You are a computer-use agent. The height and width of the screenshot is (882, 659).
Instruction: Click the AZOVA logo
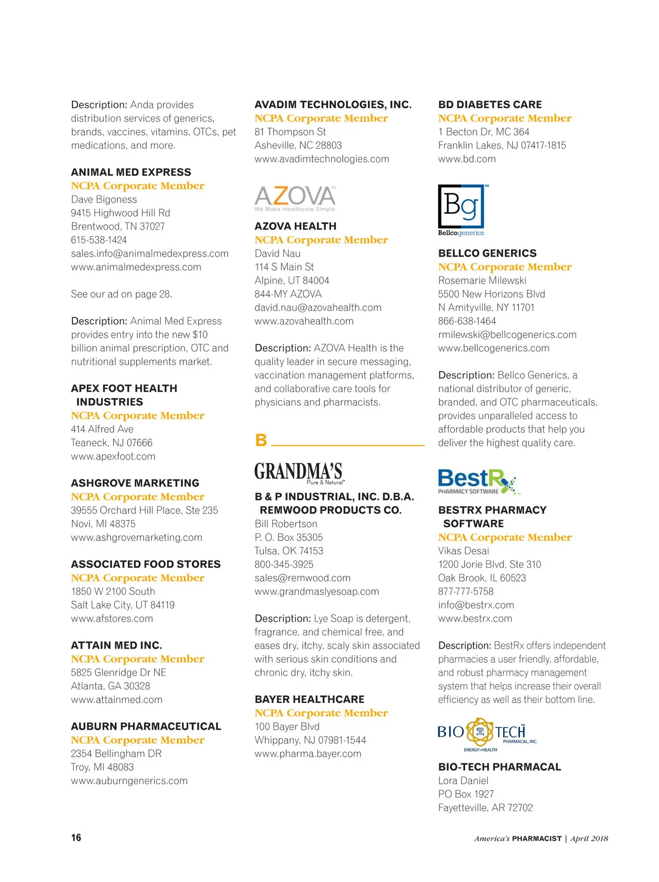point(295,198)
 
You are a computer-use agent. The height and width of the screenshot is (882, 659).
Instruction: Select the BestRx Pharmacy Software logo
point(477,482)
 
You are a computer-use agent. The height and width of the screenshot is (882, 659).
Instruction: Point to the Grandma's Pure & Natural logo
point(298,473)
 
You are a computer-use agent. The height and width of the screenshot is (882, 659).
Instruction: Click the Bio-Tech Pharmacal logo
point(487,734)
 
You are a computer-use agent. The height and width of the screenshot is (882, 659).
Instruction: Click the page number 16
point(76,838)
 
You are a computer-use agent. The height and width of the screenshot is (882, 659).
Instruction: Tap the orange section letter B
point(261,440)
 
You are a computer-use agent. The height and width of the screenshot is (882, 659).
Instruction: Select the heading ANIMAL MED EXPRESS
point(131,172)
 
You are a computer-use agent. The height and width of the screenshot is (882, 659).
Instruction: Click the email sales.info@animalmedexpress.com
point(149,253)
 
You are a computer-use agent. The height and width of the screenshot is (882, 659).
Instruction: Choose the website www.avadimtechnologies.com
point(322,159)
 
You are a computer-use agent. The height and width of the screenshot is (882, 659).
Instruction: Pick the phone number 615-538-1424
point(99,240)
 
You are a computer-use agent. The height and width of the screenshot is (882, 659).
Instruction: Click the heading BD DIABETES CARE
point(490,104)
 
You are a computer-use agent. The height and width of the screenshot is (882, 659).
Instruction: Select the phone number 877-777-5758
point(466,591)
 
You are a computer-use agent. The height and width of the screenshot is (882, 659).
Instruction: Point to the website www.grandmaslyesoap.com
point(317,591)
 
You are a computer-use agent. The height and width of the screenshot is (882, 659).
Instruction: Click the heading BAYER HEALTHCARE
point(309,699)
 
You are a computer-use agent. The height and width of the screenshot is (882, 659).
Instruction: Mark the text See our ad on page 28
point(121,294)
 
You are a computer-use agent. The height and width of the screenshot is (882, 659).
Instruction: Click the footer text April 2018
point(589,838)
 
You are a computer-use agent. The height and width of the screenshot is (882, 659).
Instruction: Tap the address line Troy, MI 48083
point(102,767)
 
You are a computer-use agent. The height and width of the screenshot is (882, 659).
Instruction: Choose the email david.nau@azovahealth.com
point(318,308)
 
